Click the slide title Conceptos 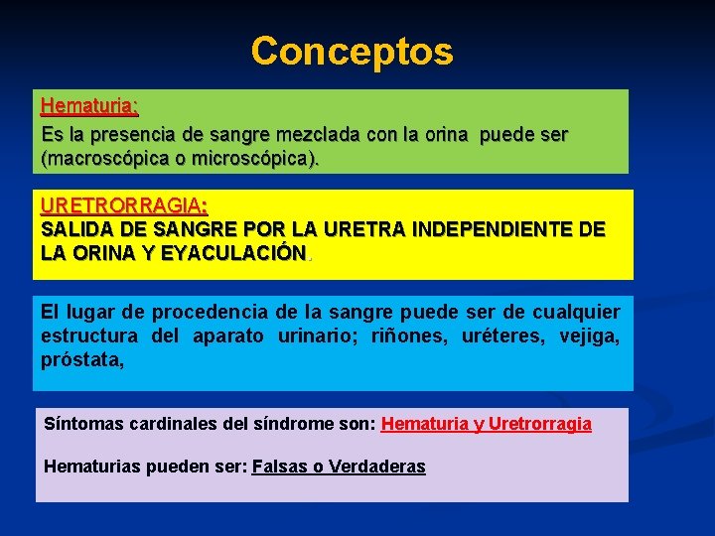[352, 51]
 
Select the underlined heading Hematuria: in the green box [89, 105]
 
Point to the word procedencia [162, 312]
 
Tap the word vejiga [588, 336]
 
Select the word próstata [82, 360]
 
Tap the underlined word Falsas [280, 467]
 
